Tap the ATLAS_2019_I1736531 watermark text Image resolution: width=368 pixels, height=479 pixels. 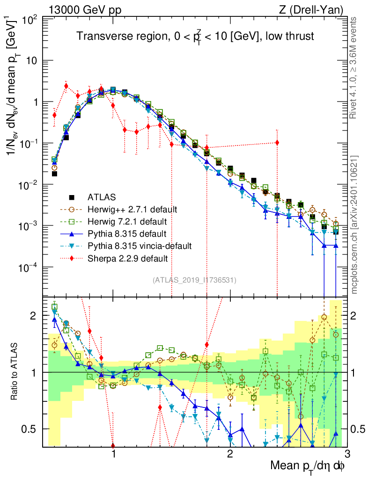point(194,280)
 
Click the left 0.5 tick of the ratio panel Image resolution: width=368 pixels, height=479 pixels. point(31,429)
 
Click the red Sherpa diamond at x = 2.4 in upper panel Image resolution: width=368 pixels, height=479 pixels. point(277,143)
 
